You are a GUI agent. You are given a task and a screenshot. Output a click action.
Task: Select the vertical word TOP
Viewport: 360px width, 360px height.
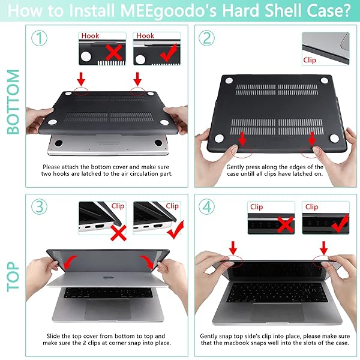[13, 275]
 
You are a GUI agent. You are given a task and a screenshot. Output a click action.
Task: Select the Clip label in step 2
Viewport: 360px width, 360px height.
[310, 60]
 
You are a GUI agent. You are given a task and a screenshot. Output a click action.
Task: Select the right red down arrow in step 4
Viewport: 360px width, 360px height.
[325, 247]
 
